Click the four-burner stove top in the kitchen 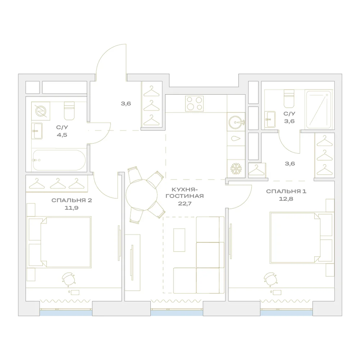point(194,104)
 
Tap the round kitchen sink point(236,122)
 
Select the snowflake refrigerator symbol point(236,168)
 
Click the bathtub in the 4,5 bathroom point(59,160)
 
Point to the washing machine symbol point(41,111)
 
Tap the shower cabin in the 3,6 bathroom point(319,110)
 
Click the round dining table point(141,195)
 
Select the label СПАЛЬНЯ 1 point(286,191)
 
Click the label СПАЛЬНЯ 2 point(72,200)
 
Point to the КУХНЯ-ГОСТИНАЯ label point(185,193)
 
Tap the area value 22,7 point(185,203)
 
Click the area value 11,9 point(71,208)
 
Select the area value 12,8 point(286,199)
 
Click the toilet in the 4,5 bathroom point(69,111)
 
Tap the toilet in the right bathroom point(289,99)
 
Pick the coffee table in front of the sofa point(179,240)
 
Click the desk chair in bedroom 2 point(68,279)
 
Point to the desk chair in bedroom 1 point(270,279)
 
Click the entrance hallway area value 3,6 point(126,104)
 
